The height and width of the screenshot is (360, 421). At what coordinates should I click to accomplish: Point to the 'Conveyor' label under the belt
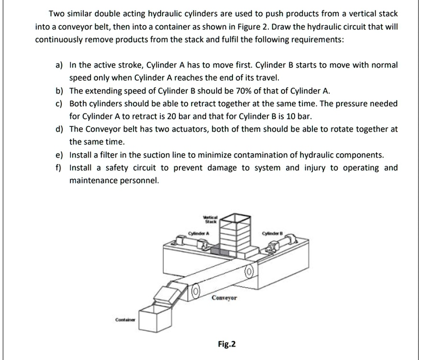coord(224,297)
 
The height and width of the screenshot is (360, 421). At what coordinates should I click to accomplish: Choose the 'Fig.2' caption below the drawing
coord(226,344)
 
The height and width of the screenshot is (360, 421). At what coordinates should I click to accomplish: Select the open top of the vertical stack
coord(233,217)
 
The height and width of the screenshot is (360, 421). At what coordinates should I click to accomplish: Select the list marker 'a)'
coord(60,65)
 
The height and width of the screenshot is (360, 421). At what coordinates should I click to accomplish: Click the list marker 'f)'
coord(60,168)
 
